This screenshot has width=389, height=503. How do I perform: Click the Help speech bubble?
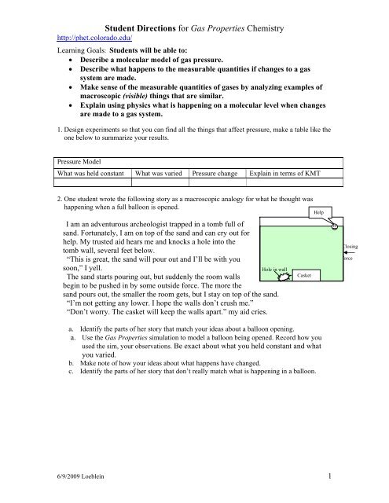point(318,212)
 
